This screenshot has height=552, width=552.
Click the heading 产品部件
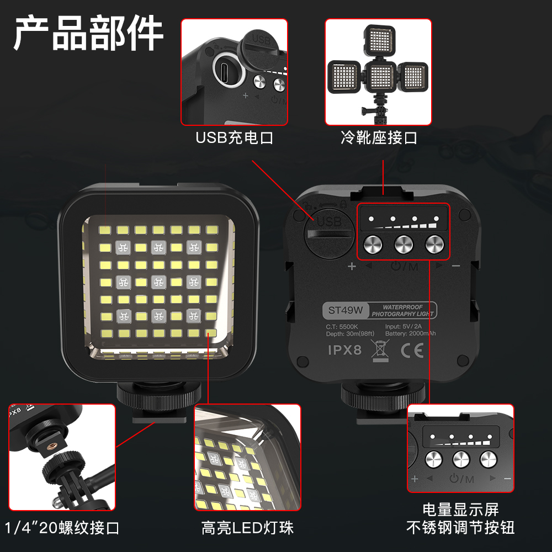[x=88, y=33]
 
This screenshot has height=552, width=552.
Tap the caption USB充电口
[x=235, y=137]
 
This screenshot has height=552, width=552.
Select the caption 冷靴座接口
[x=379, y=137]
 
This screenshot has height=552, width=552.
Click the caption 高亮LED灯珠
[x=247, y=528]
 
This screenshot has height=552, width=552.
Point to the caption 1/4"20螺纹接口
[x=62, y=528]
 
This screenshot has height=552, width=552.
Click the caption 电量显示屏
[x=460, y=509]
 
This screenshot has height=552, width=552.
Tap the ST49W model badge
[x=346, y=310]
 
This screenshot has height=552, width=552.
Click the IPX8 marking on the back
[x=344, y=350]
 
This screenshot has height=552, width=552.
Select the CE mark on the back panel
[x=412, y=351]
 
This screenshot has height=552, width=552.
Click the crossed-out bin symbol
[x=380, y=351]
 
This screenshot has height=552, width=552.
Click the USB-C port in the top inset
[x=229, y=70]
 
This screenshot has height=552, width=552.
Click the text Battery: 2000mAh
[x=410, y=333]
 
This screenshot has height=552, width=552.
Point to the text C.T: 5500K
[x=342, y=327]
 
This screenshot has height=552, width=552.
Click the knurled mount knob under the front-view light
[x=159, y=395]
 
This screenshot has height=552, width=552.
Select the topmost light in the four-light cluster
[x=380, y=40]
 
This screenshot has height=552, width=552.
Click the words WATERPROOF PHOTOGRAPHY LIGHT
[x=402, y=310]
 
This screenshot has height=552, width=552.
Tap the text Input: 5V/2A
[x=403, y=326]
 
